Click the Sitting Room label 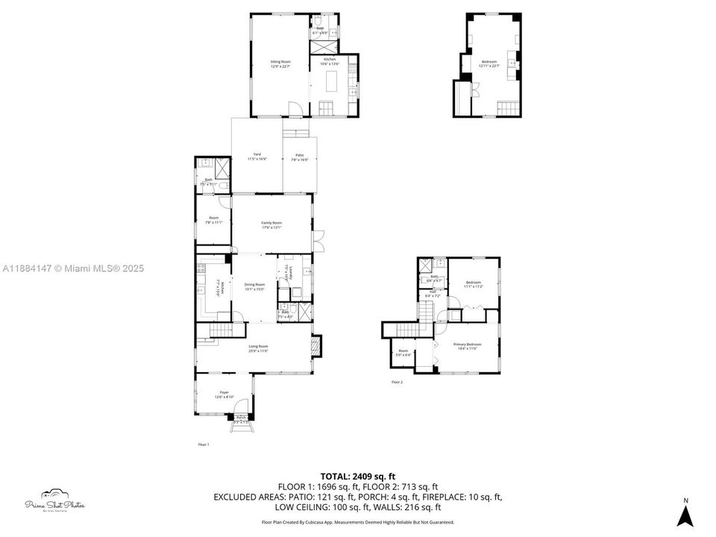280,64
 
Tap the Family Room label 271,225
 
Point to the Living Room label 258,348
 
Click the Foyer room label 224,394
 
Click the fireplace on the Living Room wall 318,345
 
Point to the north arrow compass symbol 686,513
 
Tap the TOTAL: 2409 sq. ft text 358,476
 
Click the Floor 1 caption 204,445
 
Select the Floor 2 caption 397,382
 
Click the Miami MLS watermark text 73,268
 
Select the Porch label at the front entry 241,419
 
